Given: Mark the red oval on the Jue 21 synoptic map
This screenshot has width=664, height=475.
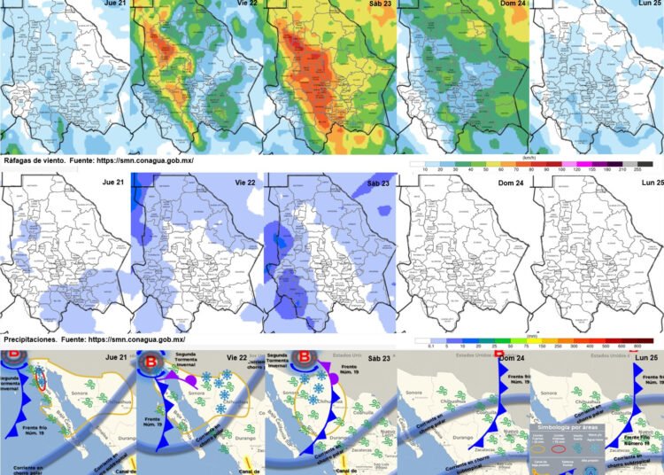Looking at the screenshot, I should pos(39,380).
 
